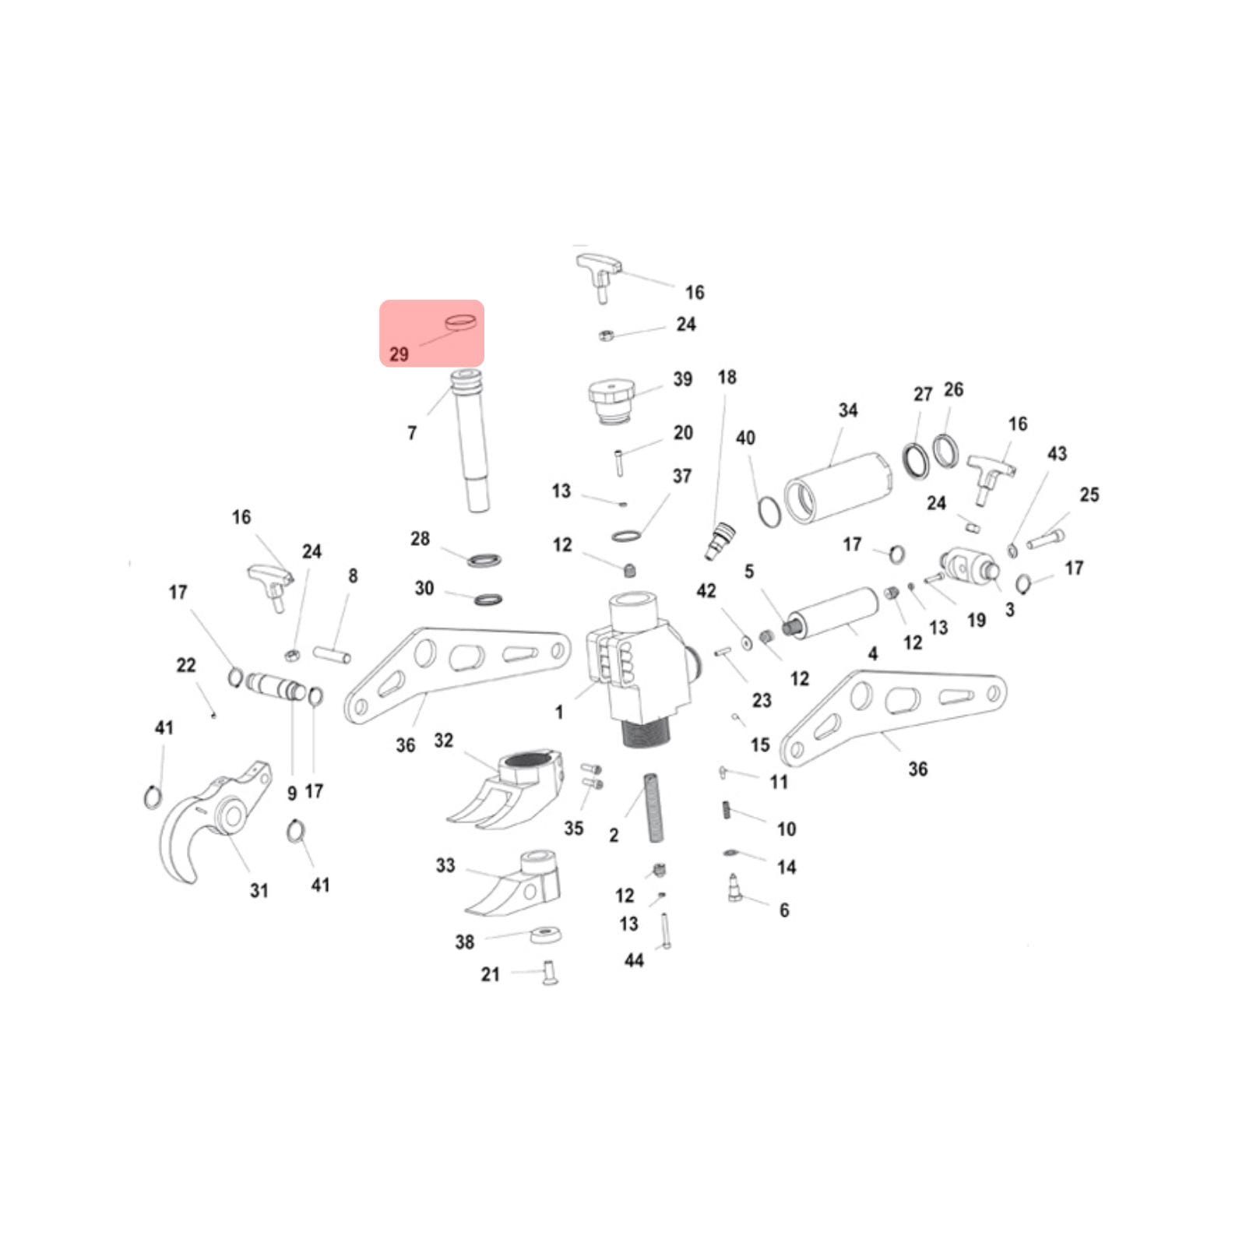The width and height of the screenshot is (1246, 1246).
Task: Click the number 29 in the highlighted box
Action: (x=399, y=354)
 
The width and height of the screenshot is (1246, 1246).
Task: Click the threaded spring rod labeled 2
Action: (x=654, y=808)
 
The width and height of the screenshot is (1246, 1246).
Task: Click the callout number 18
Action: (x=727, y=378)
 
